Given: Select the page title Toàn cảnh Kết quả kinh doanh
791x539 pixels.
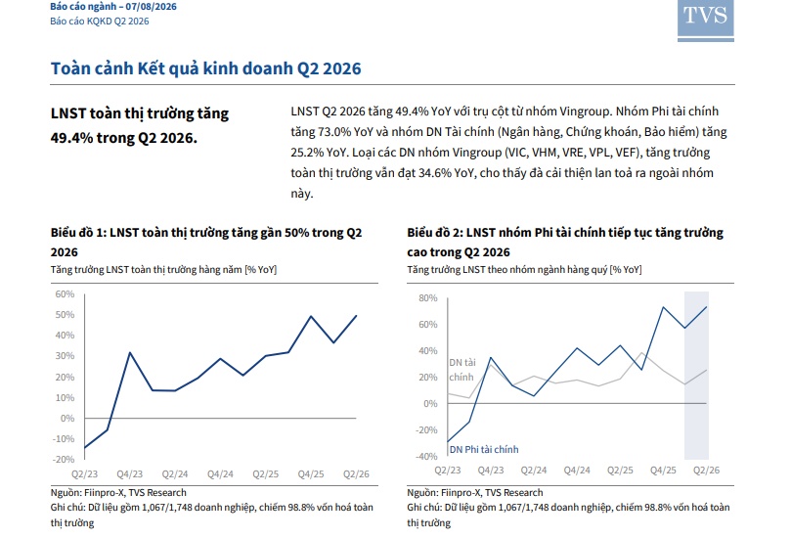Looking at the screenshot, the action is (x=171, y=68).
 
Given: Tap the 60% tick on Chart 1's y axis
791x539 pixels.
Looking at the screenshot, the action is (x=65, y=293).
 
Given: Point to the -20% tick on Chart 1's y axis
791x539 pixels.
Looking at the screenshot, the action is (x=63, y=459).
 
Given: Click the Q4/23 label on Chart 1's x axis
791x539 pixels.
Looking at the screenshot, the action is (x=130, y=474).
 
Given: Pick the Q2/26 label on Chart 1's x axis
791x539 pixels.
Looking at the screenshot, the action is (x=356, y=474).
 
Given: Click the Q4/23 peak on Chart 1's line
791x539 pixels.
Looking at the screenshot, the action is (x=130, y=352).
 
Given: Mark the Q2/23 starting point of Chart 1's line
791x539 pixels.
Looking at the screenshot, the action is (x=85, y=448).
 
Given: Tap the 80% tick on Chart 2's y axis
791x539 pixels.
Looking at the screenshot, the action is (x=428, y=298).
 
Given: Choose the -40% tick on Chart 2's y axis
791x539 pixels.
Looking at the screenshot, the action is (x=426, y=456).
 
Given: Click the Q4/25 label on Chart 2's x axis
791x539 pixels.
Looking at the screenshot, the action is (x=663, y=471).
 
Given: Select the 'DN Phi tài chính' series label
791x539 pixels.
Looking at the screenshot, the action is (x=484, y=449).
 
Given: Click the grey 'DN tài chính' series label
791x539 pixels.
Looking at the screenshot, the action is (x=462, y=370).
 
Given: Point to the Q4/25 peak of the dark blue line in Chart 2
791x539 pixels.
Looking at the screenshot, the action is (x=663, y=307).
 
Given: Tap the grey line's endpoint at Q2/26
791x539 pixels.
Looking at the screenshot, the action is (x=706, y=370).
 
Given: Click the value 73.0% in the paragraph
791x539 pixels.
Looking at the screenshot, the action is (x=334, y=132).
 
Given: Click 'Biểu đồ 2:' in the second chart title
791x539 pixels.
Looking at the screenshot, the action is (x=435, y=233).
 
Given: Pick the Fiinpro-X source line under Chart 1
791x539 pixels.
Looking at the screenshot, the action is (x=118, y=493).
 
